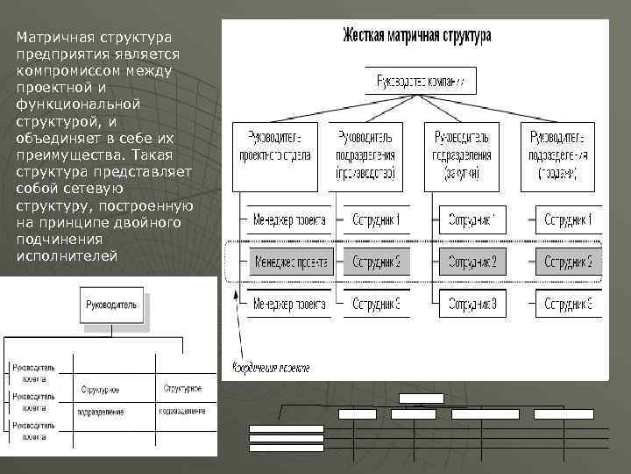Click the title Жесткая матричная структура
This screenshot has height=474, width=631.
pyautogui.click(x=416, y=36)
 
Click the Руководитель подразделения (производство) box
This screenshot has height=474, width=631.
pyautogui.click(x=365, y=155)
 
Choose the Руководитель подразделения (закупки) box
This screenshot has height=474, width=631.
pyautogui.click(x=461, y=155)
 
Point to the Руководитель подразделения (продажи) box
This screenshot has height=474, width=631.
pyautogui.click(x=557, y=155)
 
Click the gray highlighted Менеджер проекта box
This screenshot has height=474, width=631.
pyautogui.click(x=289, y=262)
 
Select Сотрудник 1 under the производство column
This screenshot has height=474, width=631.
pyautogui.click(x=377, y=219)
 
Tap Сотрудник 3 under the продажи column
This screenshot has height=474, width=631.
pyautogui.click(x=568, y=304)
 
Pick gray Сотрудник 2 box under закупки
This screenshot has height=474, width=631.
pyautogui.click(x=472, y=262)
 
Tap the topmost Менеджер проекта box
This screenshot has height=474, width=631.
pyautogui.click(x=289, y=219)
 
